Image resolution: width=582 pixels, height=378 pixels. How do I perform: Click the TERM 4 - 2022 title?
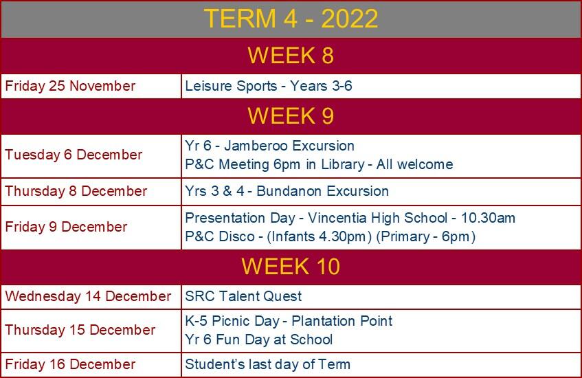[291, 18]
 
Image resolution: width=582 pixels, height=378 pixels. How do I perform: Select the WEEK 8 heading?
[291, 56]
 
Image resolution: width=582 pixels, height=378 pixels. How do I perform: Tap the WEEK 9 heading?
[291, 115]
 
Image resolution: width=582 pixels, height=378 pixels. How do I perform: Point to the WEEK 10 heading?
[291, 266]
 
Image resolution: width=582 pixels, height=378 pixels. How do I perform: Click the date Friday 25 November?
[70, 86]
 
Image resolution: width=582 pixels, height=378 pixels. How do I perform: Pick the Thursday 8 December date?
[76, 191]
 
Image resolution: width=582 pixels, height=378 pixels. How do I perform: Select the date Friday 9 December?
[66, 227]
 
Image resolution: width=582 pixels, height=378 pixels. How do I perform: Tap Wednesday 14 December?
[88, 296]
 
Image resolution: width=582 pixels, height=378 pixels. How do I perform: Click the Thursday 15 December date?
[80, 330]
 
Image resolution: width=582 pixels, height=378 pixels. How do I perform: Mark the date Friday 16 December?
[70, 364]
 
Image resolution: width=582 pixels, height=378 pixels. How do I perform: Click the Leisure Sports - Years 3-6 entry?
[269, 86]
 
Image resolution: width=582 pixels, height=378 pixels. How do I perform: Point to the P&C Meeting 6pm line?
[319, 164]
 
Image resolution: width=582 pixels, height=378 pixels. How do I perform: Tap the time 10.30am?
[488, 218]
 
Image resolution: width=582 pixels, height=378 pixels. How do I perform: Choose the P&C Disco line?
[331, 236]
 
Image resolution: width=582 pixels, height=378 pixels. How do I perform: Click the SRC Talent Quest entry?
[243, 296]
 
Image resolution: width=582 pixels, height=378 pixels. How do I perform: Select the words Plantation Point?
[342, 321]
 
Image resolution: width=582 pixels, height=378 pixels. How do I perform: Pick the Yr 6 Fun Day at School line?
[259, 340]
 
